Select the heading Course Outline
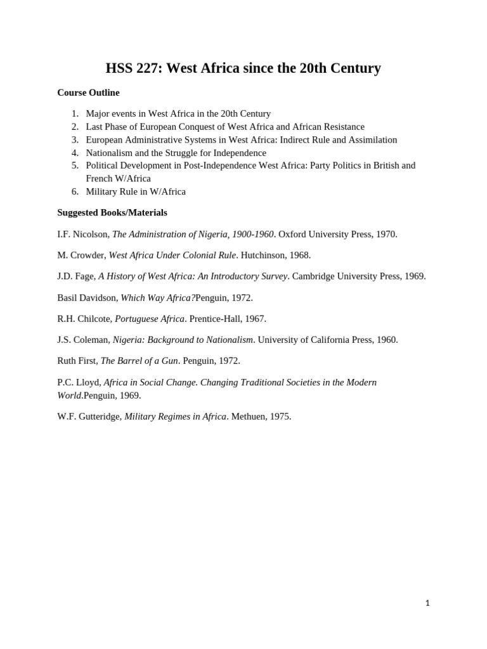88,93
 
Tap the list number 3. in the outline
75,139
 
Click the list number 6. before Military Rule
75,191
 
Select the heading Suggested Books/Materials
112,212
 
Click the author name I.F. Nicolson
82,234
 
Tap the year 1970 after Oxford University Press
386,234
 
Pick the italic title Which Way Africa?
158,297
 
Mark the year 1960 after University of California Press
386,340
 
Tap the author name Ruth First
77,361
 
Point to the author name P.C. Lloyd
79,382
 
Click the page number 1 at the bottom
427,603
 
